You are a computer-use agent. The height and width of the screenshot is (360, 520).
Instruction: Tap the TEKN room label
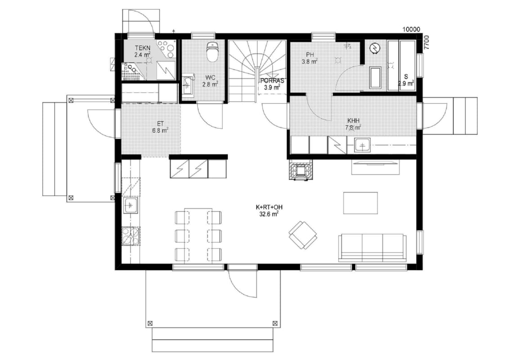[143, 49]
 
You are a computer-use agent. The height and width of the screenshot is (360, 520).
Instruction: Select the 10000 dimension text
[411, 30]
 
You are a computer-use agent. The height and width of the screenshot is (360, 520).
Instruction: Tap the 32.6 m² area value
[269, 214]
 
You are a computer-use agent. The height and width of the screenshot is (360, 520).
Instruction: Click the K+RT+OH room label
[269, 207]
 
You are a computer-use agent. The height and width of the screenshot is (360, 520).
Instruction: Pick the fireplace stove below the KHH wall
[301, 170]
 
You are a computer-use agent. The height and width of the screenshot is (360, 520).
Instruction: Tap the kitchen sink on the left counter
[130, 206]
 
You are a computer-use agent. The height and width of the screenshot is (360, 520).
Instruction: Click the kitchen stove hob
[130, 236]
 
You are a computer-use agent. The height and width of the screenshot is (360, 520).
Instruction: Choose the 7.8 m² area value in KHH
[354, 127]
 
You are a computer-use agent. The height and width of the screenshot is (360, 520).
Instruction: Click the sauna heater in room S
[375, 78]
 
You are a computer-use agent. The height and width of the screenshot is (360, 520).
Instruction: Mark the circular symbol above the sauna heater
[375, 49]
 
